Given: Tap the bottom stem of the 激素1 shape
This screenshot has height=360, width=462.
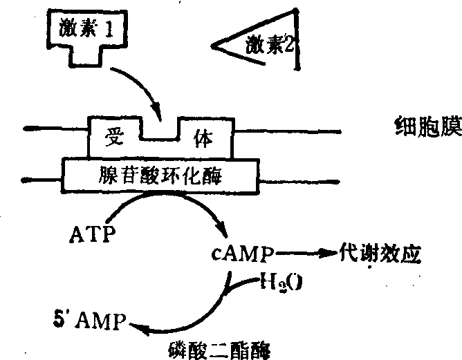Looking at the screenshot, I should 86,56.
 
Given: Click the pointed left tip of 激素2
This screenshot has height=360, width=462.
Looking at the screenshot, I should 212,48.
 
